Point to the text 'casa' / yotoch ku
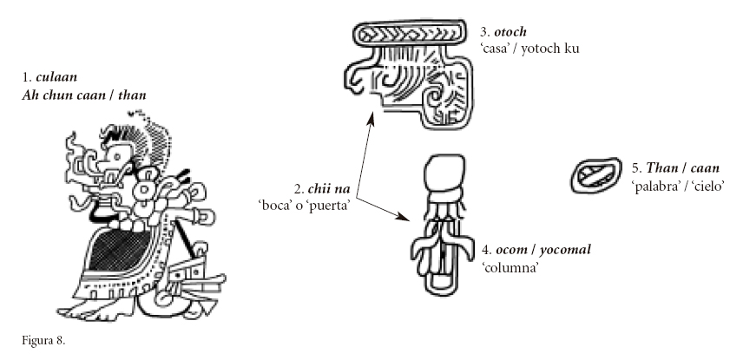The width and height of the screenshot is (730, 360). (x=531, y=49)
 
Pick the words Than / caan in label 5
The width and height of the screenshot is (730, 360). (x=680, y=167)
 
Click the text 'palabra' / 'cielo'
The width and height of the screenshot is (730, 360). (x=679, y=185)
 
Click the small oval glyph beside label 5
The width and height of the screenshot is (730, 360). (x=595, y=176)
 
